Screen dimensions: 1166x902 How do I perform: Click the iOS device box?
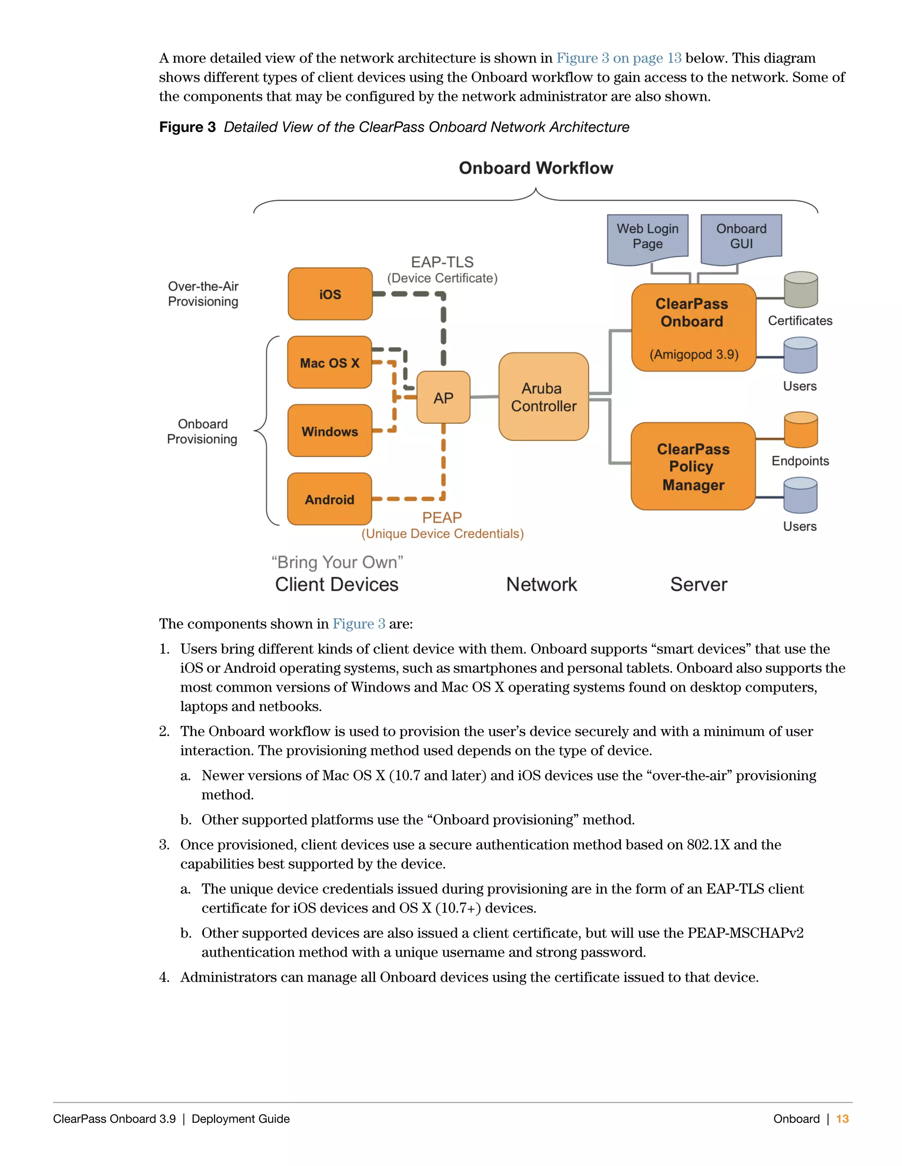330,294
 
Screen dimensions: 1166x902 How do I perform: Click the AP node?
443,398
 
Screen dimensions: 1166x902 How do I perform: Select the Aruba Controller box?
543,397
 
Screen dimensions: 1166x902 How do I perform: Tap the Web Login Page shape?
647,237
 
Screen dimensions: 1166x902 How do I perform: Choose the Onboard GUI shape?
741,237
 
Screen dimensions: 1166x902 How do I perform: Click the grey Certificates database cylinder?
800,290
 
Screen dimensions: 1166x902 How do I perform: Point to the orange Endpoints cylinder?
800,430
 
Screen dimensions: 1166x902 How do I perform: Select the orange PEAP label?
441,517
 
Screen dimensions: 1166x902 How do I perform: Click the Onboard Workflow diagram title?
536,168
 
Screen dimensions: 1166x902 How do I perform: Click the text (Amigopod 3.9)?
694,355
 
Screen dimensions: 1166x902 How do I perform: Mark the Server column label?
699,585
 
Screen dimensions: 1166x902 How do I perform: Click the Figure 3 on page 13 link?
618,58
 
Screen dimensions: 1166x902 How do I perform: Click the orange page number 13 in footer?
842,1118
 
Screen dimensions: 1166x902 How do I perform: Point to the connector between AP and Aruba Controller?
484,397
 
